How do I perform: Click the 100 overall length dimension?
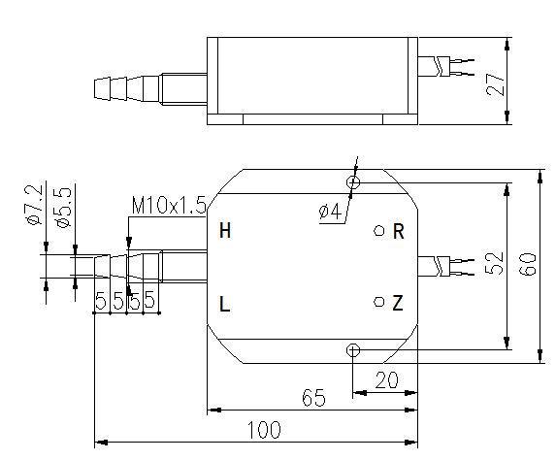coord(264,430)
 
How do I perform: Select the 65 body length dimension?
coord(313,398)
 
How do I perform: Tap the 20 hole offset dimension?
coord(386,380)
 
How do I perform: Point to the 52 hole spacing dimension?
coord(494,263)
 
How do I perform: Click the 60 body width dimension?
coord(528,264)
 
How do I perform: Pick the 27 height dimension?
coord(496,84)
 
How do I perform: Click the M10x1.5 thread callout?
coord(169,205)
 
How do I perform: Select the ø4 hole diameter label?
coord(330,212)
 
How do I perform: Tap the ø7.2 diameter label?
coord(34,206)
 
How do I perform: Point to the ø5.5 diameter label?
coord(63,208)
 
